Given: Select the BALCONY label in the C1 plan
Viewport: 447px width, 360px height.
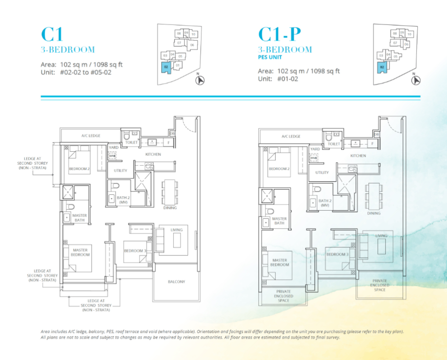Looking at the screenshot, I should (176, 282).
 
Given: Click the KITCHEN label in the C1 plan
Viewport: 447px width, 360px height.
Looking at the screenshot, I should (153, 154).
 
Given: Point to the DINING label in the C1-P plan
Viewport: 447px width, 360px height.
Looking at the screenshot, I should (374, 213).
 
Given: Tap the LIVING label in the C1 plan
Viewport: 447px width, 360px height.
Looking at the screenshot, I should (176, 230).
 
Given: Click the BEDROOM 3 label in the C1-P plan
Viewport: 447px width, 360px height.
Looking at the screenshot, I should (338, 254).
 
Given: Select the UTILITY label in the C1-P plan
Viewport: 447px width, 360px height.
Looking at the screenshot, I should (322, 172).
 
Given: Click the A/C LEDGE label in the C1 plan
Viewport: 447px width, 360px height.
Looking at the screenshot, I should (91, 136).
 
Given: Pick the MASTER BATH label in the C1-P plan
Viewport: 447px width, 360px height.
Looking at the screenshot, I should (279, 221).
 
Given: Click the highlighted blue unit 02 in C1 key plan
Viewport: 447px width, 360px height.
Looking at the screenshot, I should (166, 68).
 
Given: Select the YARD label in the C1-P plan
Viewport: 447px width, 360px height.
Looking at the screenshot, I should (315, 149).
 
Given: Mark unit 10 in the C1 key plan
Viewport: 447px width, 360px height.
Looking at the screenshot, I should (193, 34).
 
